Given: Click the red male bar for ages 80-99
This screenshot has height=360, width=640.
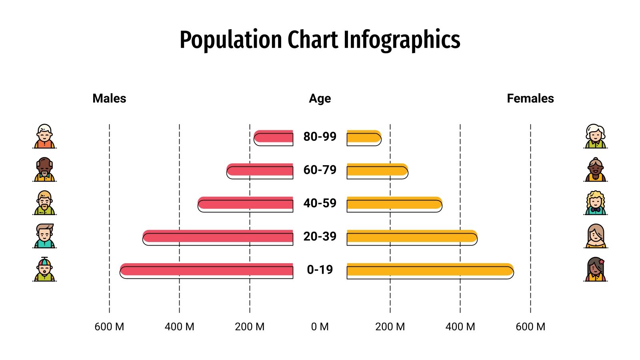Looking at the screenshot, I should (274, 137).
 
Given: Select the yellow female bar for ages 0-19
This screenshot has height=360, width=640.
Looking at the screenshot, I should (430, 270).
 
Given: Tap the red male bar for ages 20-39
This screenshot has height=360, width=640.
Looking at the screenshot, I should (218, 237).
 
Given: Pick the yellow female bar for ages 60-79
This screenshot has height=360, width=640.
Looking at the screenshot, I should (377, 170).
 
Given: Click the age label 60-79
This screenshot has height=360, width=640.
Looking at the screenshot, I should (320, 170).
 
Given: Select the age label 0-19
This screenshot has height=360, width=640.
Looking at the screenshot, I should (320, 270).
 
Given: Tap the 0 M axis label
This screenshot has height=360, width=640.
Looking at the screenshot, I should (320, 327).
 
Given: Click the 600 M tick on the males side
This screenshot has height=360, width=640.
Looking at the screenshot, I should (109, 327).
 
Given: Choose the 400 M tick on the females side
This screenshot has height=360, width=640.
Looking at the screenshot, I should (460, 327).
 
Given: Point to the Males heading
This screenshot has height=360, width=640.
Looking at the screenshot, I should (109, 98).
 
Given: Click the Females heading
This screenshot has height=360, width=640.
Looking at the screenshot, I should (530, 98).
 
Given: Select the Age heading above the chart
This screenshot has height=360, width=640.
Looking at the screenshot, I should (320, 98).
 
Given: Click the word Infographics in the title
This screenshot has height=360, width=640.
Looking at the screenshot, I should (402, 40).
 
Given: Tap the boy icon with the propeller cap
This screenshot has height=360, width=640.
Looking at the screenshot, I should (44, 269).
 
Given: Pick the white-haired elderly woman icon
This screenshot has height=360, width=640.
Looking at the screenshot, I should (596, 136).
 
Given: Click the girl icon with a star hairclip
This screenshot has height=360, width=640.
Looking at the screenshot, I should (596, 269).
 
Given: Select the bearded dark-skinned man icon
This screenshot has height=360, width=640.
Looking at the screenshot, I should (44, 170).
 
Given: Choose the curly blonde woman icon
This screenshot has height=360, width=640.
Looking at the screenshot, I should (596, 203).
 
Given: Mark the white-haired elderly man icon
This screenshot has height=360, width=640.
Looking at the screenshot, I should (44, 136).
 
